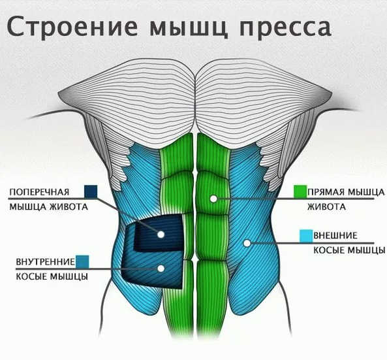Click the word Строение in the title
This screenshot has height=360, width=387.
pos(72,26)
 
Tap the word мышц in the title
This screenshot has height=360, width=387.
pos(189,27)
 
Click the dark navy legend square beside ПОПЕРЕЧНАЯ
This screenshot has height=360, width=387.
pos(91,191)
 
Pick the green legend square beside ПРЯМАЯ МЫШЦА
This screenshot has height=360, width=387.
pos(300,191)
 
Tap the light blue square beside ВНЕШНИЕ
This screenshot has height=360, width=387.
pos(306,236)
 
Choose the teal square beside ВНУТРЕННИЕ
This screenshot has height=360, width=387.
pos(82,262)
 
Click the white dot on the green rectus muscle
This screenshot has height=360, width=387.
pos(213,199)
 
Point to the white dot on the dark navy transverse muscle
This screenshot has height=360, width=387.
pos(161,235)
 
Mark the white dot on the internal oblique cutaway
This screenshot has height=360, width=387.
pos(161,269)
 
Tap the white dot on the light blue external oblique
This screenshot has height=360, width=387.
pos(247,244)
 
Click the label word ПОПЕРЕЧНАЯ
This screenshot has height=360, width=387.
pos(39,192)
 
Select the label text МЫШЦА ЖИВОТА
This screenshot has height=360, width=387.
pos(49,206)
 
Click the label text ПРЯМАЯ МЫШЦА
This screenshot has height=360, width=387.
pos(346,192)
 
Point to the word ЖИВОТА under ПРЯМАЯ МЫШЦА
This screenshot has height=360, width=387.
pos(326,206)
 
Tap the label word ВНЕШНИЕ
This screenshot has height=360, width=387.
pos(335,235)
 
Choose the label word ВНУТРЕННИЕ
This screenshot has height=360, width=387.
pos(46,261)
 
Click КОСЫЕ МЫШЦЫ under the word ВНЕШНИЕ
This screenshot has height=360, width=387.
pos(349,250)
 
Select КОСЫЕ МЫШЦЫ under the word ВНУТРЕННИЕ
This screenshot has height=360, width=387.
pos(52,276)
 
